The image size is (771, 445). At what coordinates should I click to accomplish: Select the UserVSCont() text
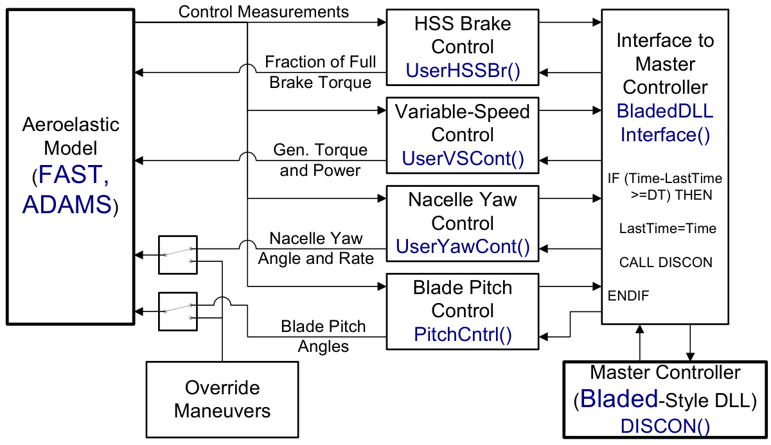tap(463, 159)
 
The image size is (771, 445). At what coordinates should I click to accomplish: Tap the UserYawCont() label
tap(463, 247)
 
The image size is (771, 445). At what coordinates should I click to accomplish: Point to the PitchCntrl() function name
tap(463, 334)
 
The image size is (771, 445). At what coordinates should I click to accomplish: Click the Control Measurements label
tap(263, 12)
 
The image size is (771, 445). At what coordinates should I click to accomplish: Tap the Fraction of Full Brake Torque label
tap(321, 73)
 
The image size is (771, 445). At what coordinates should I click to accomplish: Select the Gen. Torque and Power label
tap(321, 160)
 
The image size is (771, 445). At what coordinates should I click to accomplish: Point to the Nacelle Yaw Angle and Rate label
tap(316, 249)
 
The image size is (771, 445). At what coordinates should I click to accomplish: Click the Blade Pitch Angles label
tap(323, 336)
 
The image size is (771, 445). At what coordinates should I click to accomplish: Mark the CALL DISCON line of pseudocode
tap(666, 263)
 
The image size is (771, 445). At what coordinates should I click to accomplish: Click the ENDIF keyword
tap(628, 296)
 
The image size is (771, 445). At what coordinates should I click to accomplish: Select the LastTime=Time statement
tap(668, 228)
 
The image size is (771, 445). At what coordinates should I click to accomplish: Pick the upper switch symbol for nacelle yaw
tap(178, 255)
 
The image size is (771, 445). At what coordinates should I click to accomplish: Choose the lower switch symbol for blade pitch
tap(178, 311)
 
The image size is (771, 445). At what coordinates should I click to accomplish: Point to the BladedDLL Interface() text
tap(665, 123)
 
